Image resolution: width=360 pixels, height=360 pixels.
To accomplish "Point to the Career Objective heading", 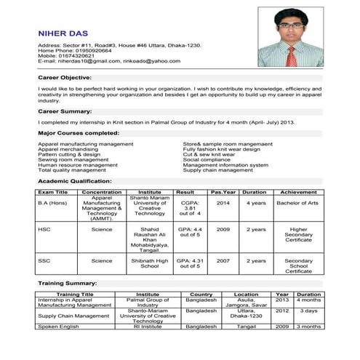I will point(65,76).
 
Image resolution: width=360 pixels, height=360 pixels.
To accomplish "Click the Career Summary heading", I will point(65,111).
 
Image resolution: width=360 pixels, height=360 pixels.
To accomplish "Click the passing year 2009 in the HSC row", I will point(223,229).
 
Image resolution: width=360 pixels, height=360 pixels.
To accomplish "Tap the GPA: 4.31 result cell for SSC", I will point(190,263).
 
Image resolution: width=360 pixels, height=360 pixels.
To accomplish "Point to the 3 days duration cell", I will point(308,311).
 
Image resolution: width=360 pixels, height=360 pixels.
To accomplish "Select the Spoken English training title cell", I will point(58,327).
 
